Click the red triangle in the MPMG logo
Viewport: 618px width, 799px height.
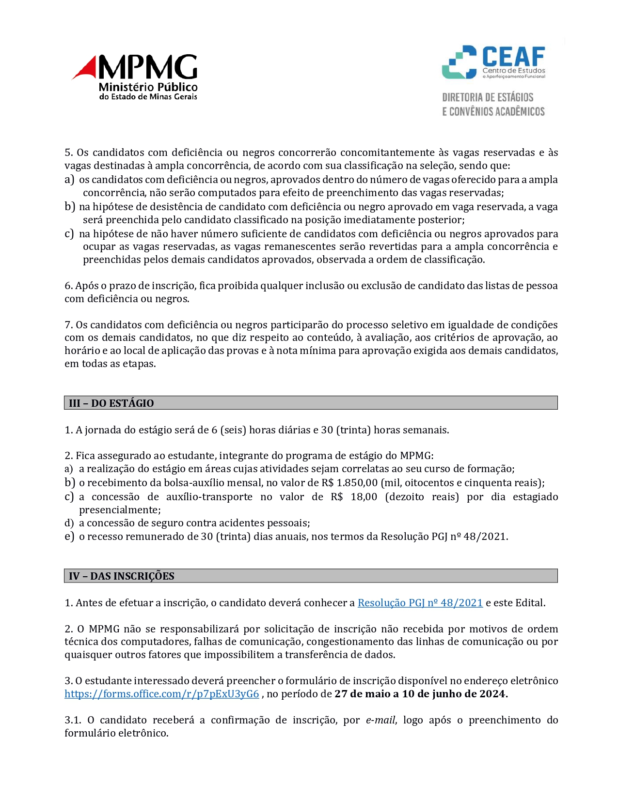coord(86,68)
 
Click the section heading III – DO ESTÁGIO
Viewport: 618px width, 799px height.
coord(111,403)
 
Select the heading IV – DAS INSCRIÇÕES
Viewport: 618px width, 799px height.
coord(122,576)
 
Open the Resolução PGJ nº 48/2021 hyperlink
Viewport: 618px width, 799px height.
coord(420,603)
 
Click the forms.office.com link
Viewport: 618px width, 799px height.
coord(162,694)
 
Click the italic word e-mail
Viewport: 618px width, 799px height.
coord(380,720)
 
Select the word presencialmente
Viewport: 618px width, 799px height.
coord(119,510)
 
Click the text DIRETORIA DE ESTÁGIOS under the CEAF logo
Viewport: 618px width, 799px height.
coord(488,97)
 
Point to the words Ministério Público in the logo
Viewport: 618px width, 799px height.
coord(148,87)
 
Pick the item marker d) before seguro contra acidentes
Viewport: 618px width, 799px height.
coord(69,523)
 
